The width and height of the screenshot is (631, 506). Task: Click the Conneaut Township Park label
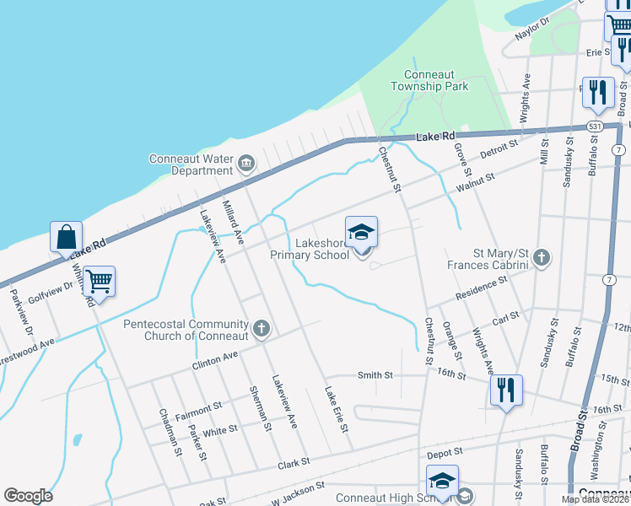pos(429,80)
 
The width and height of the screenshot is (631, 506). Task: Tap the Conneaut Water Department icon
pos(246,163)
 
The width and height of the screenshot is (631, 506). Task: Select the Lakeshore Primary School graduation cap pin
pos(361,233)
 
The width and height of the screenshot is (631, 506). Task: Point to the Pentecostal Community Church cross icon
pos(262,328)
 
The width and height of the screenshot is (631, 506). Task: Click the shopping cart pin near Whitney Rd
pos(100,283)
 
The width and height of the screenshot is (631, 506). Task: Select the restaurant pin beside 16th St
pos(506,390)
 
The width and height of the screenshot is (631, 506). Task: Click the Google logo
pos(28,495)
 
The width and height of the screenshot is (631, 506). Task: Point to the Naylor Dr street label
pos(532,30)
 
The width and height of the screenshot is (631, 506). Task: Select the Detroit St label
pos(498,151)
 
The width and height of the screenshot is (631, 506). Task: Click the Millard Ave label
pos(233,222)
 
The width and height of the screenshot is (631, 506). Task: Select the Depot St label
pos(445,455)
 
